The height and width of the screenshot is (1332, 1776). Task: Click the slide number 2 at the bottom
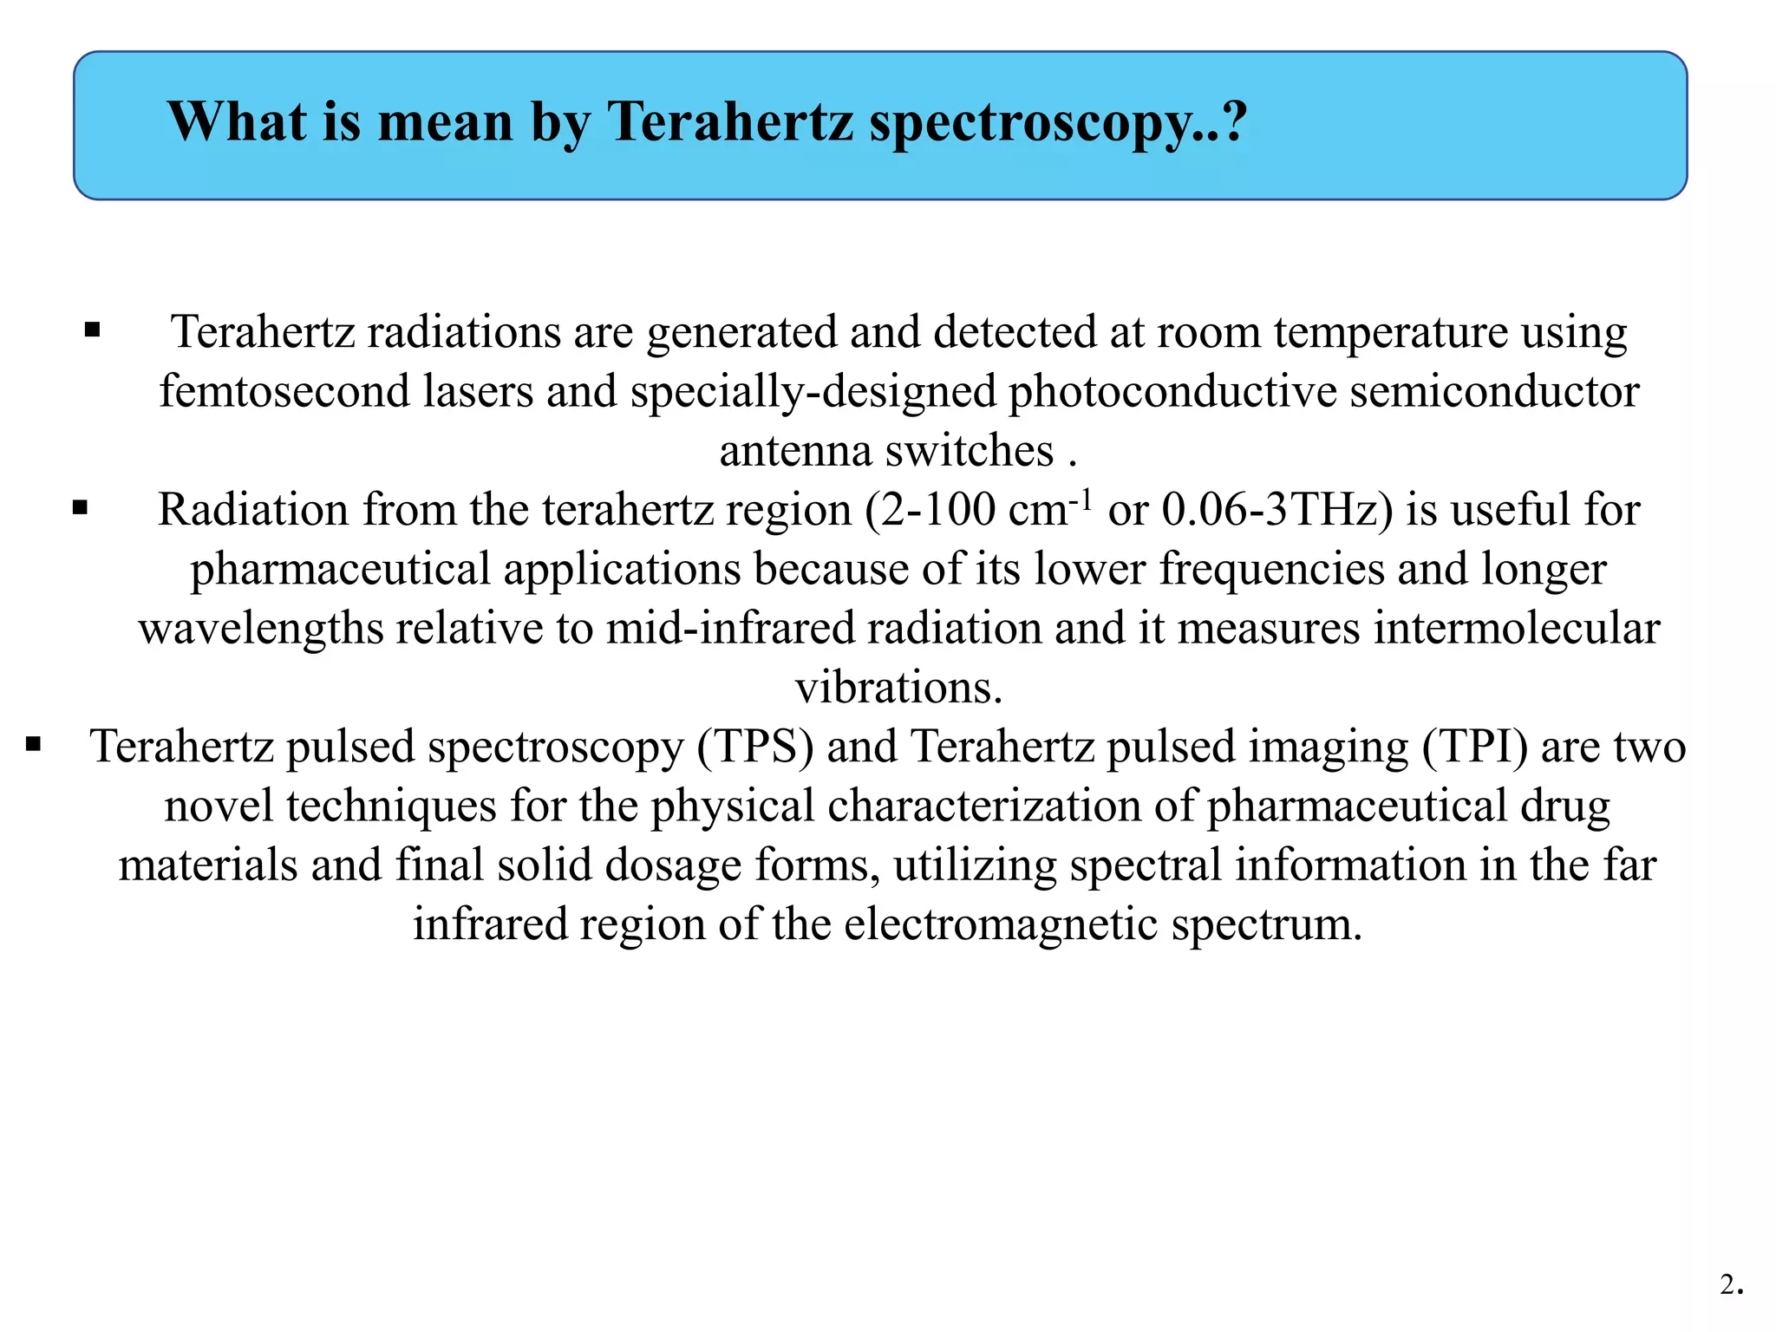click(x=1728, y=1284)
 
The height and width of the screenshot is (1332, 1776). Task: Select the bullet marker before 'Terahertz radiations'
click(x=93, y=330)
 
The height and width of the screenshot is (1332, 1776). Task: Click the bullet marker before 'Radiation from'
click(x=81, y=507)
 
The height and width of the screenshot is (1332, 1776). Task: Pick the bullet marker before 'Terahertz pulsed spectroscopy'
click(x=34, y=744)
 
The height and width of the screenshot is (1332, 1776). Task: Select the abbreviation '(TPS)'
click(x=755, y=747)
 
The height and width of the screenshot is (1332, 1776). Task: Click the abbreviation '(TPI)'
click(x=1474, y=747)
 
